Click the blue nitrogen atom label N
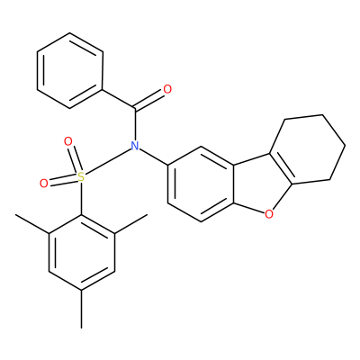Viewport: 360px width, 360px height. click(135, 146)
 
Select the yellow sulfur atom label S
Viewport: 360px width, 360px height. click(81, 177)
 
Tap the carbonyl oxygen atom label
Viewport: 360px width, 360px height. click(167, 89)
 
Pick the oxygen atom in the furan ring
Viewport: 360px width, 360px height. click(269, 214)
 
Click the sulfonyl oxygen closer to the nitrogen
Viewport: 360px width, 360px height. click(68, 141)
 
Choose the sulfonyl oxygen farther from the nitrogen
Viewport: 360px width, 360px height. click(44, 184)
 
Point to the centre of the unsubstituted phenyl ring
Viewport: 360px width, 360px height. click(70, 70)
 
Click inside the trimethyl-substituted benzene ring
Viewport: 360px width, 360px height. click(82, 252)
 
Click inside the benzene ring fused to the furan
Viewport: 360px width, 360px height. click(201, 184)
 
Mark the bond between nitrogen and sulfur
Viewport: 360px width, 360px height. click(109, 161)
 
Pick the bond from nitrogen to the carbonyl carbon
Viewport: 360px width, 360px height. click(135, 124)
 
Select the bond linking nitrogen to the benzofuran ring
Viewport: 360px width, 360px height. click(154, 156)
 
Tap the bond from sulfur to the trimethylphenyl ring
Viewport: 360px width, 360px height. click(81, 199)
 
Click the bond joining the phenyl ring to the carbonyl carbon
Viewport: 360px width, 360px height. click(119, 99)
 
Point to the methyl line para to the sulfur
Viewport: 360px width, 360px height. click(82, 309)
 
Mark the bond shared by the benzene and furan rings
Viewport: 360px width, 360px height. click(233, 184)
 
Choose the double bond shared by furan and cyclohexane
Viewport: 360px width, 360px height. click(279, 168)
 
